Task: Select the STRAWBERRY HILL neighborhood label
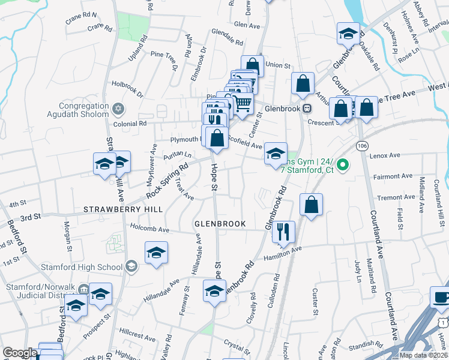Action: (x=122, y=209)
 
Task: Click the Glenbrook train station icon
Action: (x=307, y=108)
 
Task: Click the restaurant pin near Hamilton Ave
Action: (x=283, y=232)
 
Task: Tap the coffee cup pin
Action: (x=441, y=298)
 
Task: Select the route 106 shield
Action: (x=361, y=146)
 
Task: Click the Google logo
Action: (x=20, y=353)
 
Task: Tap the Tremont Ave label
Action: (x=395, y=197)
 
